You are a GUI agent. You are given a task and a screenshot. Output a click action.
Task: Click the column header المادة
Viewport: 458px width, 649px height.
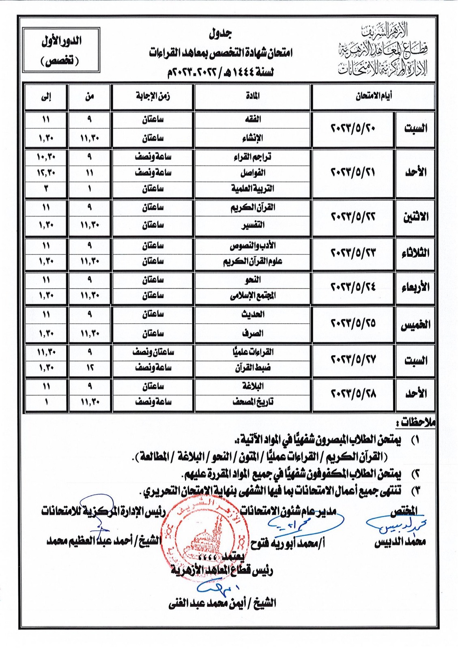253,96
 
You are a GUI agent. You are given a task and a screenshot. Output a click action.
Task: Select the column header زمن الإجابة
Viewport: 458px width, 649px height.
153,96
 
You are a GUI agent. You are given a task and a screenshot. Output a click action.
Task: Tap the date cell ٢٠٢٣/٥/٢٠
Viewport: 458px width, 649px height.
353,129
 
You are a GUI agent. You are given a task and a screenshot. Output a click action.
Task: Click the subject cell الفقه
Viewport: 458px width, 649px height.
253,119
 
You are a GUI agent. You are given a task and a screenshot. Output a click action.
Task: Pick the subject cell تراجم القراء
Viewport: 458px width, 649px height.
253,157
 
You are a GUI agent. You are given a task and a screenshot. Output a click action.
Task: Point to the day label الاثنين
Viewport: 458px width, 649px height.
415,217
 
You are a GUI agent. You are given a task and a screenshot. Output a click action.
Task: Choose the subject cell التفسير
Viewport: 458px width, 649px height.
253,225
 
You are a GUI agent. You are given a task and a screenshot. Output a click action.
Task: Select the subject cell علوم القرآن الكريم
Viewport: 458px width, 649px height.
253,262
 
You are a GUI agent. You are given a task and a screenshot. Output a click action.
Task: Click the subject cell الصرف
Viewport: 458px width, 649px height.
253,333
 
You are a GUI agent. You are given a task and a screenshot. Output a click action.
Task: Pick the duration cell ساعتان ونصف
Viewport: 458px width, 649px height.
153,352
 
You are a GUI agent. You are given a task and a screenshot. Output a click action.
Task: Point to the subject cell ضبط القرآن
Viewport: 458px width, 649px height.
253,368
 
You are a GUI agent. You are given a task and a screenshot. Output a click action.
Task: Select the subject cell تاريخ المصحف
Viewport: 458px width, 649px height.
253,402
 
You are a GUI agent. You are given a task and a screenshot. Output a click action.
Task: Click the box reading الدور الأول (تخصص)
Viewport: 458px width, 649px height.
61,50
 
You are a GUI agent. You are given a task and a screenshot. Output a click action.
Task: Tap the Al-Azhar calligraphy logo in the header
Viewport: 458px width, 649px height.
383,49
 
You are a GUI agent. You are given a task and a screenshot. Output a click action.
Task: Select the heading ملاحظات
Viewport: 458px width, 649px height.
417,423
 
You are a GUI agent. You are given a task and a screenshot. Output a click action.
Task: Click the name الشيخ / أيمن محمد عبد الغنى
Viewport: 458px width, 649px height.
222,604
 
